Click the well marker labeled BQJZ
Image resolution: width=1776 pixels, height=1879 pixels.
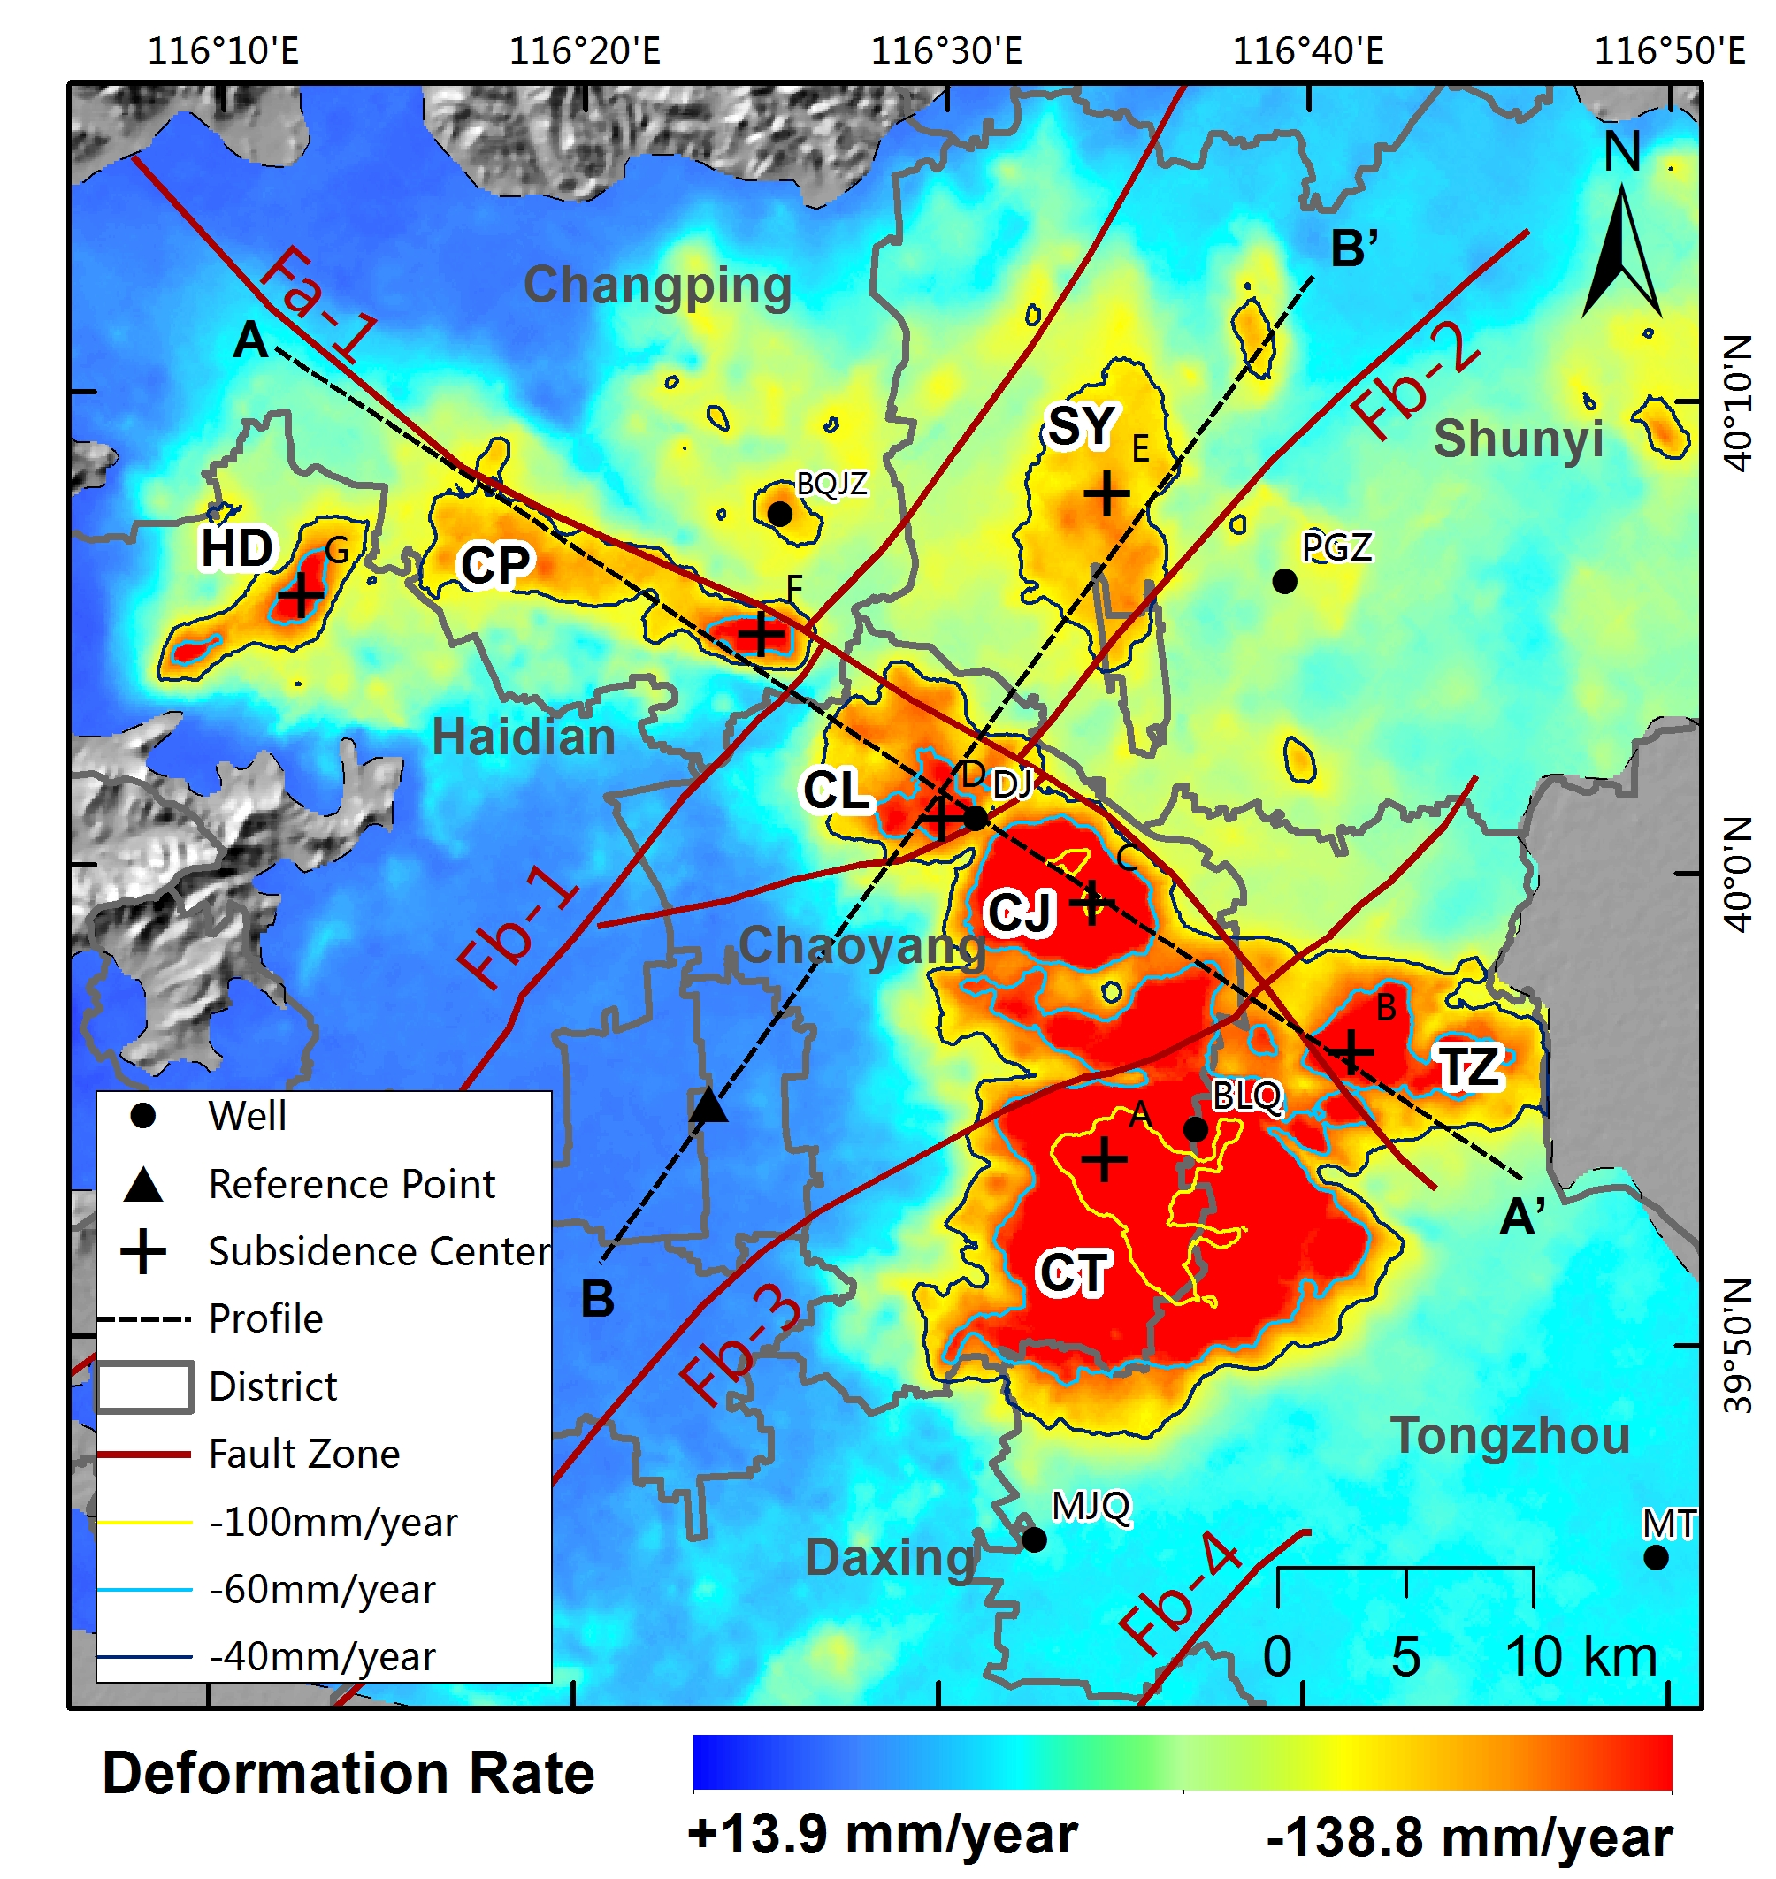coord(779,514)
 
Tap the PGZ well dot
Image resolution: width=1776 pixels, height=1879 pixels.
coord(1283,580)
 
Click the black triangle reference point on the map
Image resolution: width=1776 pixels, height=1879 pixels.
coord(708,1105)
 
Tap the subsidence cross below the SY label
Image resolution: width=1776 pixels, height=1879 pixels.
coord(1106,493)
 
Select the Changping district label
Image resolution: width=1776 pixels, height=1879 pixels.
coord(657,286)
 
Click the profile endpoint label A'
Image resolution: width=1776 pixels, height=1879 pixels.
coord(1522,1217)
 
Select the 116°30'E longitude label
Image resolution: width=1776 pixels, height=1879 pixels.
coord(945,50)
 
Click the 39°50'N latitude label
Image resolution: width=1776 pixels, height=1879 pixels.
coord(1738,1345)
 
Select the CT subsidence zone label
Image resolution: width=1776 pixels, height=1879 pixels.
coord(1073,1272)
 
